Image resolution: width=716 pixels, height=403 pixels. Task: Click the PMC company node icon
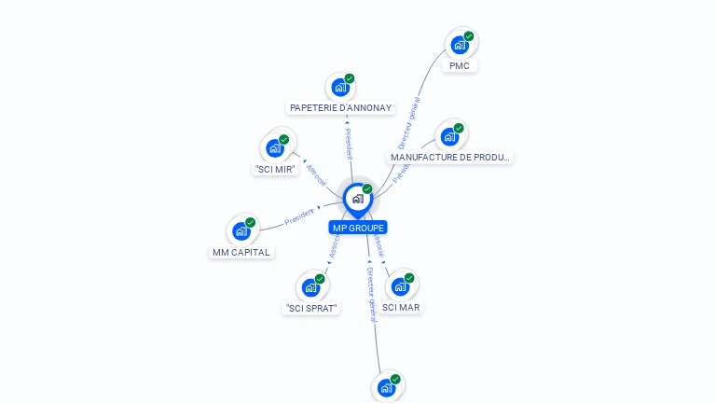pyautogui.click(x=460, y=45)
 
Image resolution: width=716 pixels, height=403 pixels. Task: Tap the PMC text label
pyautogui.click(x=460, y=66)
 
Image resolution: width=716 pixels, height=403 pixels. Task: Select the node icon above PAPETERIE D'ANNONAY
pyautogui.click(x=340, y=87)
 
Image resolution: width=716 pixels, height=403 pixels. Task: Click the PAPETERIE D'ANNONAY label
pyautogui.click(x=340, y=108)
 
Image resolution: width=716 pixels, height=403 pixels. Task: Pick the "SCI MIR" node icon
pyautogui.click(x=275, y=148)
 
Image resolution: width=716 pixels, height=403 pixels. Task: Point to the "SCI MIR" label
pyautogui.click(x=275, y=170)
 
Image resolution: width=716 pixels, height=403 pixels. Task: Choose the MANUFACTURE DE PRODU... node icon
pyautogui.click(x=450, y=137)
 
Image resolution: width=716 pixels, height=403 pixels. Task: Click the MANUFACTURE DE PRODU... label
pyautogui.click(x=450, y=158)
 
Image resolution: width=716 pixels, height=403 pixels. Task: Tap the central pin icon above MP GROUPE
pyautogui.click(x=357, y=199)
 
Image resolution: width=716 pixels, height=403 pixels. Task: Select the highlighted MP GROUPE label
pyautogui.click(x=358, y=228)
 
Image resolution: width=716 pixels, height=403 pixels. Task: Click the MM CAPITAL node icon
pyautogui.click(x=241, y=230)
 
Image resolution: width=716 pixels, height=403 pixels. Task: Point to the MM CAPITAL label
pyautogui.click(x=241, y=252)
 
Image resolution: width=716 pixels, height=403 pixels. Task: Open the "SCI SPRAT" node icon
pyautogui.click(x=310, y=287)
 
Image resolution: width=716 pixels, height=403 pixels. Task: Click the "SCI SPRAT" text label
pyautogui.click(x=310, y=308)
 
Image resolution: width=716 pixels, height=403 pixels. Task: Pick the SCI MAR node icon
pyautogui.click(x=400, y=286)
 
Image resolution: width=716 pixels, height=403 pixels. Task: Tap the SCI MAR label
pyautogui.click(x=401, y=307)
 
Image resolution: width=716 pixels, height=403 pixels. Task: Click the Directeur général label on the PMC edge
pyautogui.click(x=408, y=122)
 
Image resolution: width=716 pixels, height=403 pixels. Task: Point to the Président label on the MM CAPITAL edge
pyautogui.click(x=298, y=216)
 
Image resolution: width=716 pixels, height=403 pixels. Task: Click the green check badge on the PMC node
pyautogui.click(x=469, y=36)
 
